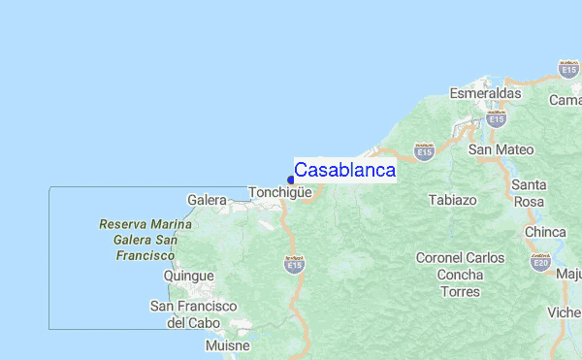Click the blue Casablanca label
tap(344, 170)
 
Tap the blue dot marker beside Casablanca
tap(291, 179)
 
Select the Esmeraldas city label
tap(486, 94)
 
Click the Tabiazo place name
tap(452, 201)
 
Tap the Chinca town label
tap(545, 233)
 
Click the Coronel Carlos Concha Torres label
tap(460, 275)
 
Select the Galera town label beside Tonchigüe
tap(207, 200)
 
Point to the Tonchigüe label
tap(279, 192)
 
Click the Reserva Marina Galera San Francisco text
tap(145, 240)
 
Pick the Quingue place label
tap(188, 276)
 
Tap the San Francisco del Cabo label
tap(193, 313)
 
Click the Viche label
tap(564, 312)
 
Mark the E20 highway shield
tap(539, 261)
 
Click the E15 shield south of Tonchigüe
tap(293, 263)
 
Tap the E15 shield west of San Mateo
tap(423, 151)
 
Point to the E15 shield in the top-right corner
tap(568, 68)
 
